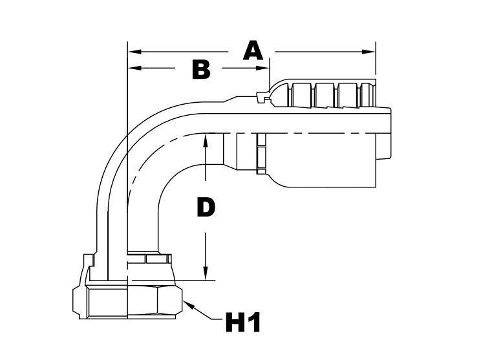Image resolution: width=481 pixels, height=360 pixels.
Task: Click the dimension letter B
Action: tap(202, 69)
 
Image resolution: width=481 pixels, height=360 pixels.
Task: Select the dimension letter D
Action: tap(205, 208)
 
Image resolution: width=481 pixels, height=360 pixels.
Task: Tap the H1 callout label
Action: tap(242, 321)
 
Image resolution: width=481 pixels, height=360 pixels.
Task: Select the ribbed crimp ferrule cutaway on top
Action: tap(323, 94)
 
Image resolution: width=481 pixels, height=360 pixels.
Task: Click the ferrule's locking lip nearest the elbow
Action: tap(261, 98)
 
